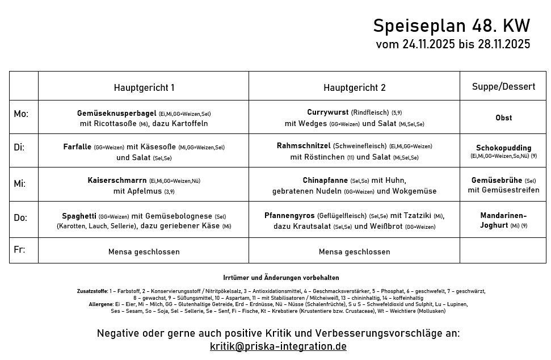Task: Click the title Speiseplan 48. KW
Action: tap(451, 26)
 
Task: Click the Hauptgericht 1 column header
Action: tap(144, 87)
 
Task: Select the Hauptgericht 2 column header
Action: tap(354, 87)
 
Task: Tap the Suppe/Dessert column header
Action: tap(503, 86)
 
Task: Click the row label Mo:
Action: tap(21, 114)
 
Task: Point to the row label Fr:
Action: tap(19, 250)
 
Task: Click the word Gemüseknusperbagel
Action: tap(116, 114)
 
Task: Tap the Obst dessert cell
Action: tap(503, 118)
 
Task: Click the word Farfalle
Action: tap(77, 146)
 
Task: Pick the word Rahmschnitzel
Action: tap(304, 146)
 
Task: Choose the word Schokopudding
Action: tap(503, 148)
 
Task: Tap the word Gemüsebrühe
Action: tap(497, 181)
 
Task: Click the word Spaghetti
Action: tap(79, 216)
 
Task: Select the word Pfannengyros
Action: tap(289, 215)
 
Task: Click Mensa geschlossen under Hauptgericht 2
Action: tap(354, 252)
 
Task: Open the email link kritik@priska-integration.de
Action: tap(278, 346)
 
